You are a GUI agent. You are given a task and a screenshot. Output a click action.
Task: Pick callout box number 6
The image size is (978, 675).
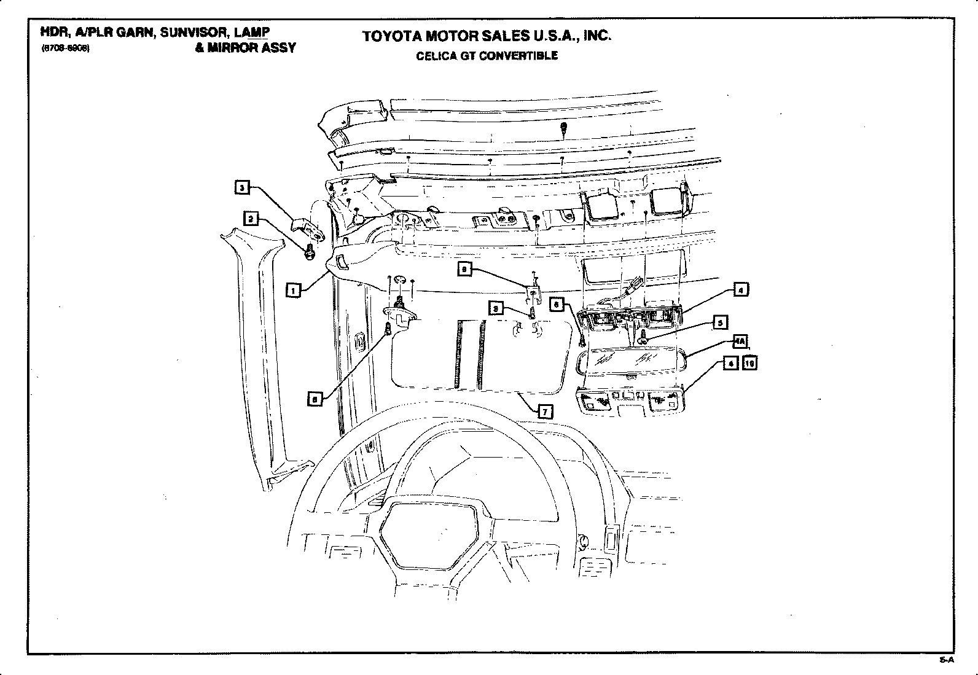tap(556, 303)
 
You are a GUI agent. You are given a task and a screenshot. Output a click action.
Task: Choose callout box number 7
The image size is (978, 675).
tap(544, 412)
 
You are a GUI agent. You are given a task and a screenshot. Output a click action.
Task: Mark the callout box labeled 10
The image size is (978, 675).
tap(749, 364)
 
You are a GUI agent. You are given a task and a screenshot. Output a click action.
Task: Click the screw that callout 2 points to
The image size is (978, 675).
tap(310, 250)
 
